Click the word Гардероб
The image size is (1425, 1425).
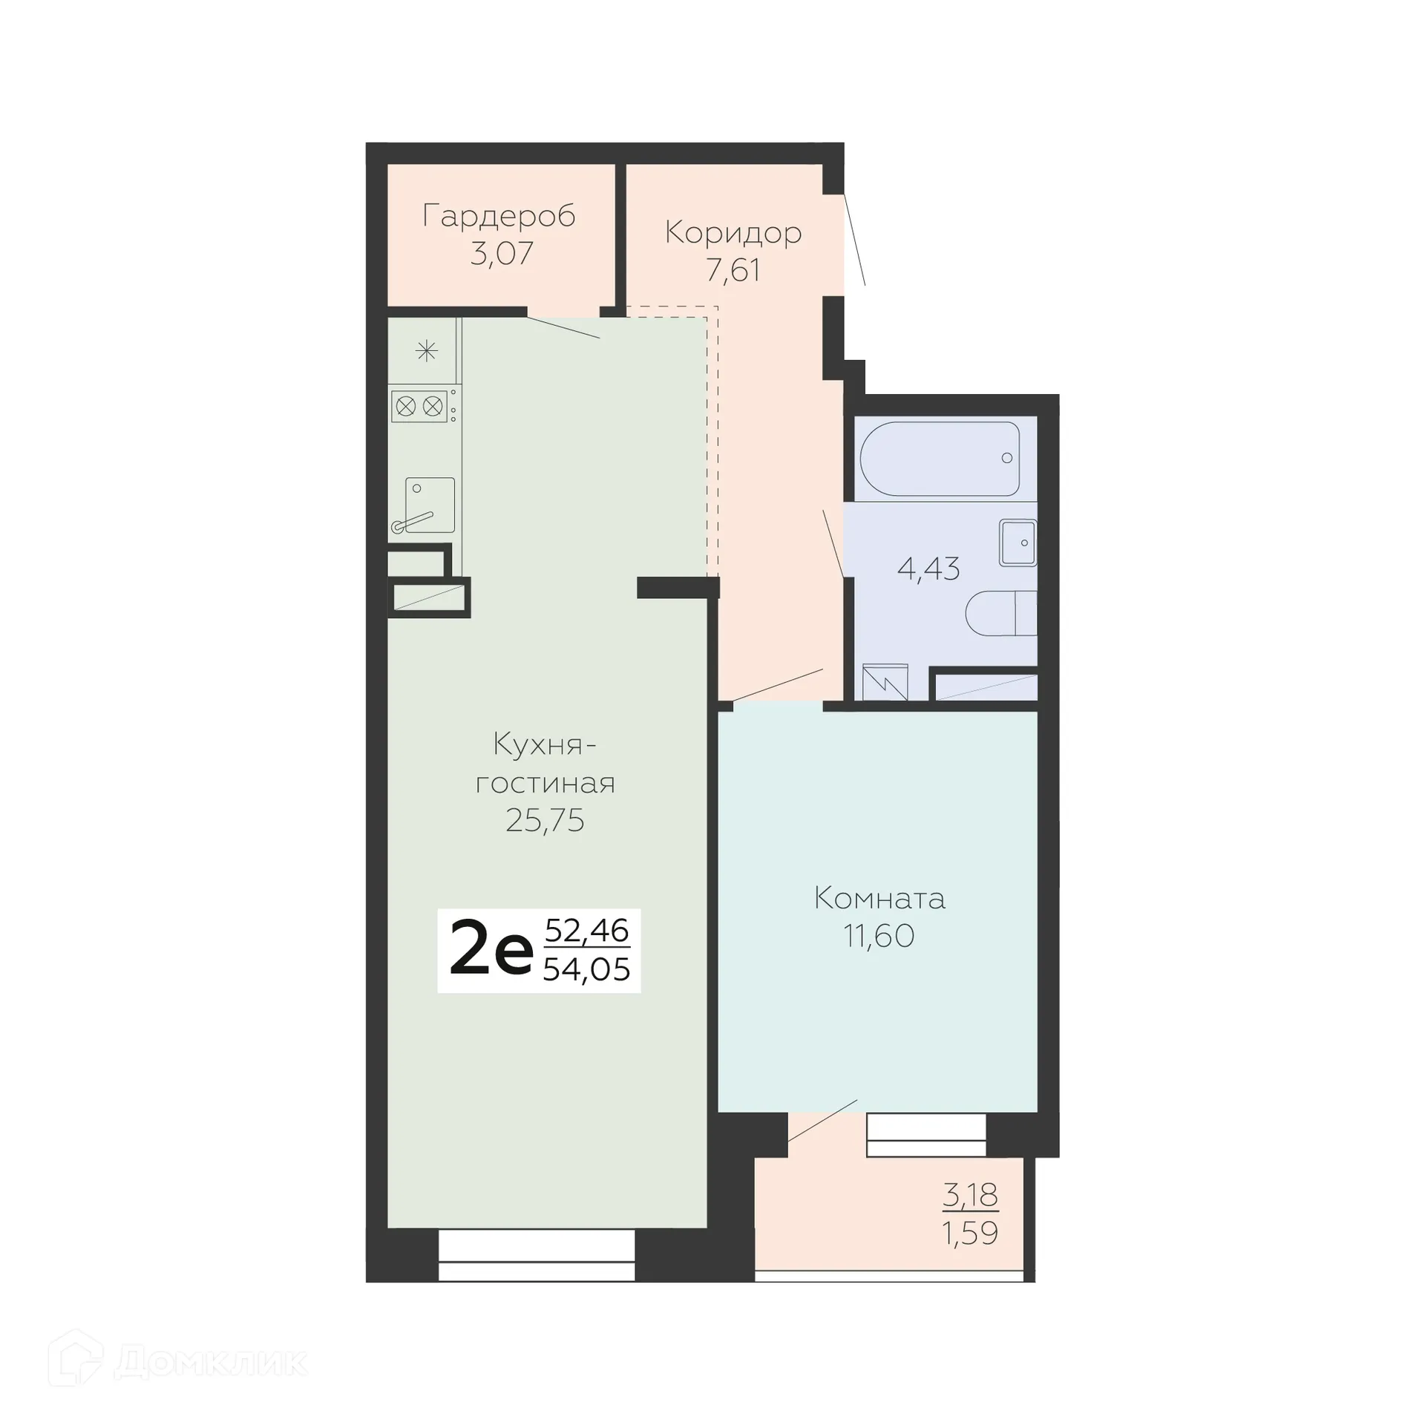499,216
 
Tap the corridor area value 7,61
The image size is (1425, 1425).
733,270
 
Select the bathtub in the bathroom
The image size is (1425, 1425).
939,459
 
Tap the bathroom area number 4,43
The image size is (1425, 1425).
928,569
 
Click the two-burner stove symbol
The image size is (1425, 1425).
419,406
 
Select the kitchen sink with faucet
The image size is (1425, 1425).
429,505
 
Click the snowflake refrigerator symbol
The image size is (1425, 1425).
426,350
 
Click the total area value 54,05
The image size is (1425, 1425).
586,969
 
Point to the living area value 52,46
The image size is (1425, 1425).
586,930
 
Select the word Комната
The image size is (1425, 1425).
879,899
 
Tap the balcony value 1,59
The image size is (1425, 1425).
969,1234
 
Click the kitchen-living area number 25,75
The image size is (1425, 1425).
545,821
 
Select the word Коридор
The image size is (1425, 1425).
733,232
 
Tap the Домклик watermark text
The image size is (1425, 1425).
211,1363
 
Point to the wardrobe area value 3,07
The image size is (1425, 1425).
502,254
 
